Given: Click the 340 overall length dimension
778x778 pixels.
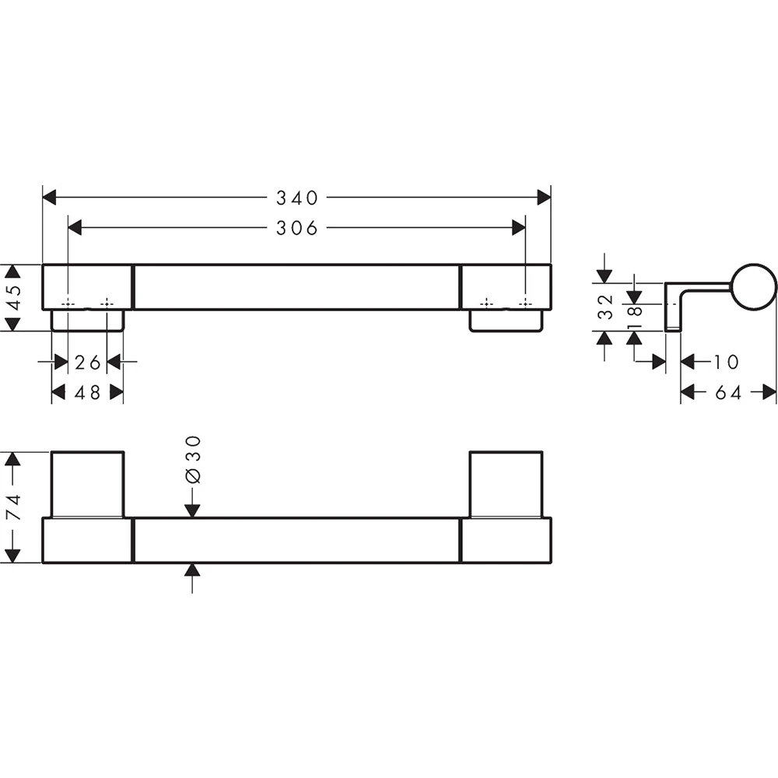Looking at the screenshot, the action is pyautogui.click(x=296, y=198).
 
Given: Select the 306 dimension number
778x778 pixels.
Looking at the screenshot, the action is pyautogui.click(x=296, y=228).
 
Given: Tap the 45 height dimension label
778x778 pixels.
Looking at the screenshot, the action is pyautogui.click(x=13, y=297).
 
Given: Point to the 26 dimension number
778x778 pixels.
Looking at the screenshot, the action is pyautogui.click(x=88, y=363).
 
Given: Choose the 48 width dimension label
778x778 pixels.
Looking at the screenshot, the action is pyautogui.click(x=88, y=393).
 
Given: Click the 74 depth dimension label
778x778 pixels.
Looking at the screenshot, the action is pyautogui.click(x=13, y=506).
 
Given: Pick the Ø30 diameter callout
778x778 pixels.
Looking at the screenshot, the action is pyautogui.click(x=192, y=460).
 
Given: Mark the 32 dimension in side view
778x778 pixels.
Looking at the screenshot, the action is pyautogui.click(x=606, y=307).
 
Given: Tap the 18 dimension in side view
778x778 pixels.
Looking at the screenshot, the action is pyautogui.click(x=635, y=317).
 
